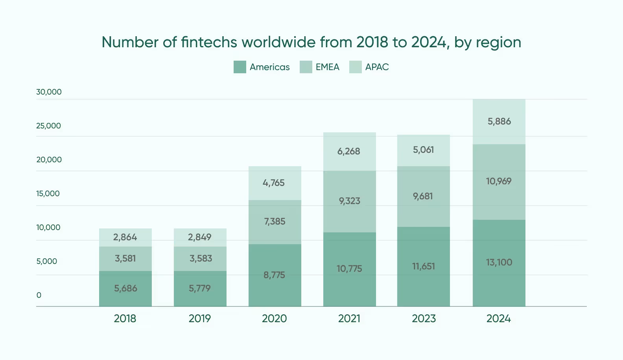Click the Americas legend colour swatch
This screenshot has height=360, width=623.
(240, 67)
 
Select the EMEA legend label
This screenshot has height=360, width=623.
(327, 67)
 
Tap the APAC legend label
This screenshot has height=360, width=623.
(377, 67)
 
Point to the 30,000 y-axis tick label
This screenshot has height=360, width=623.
(49, 92)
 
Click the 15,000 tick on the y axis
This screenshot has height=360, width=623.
(48, 193)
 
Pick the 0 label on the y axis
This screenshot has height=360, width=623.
(39, 295)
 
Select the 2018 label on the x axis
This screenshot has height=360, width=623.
(125, 318)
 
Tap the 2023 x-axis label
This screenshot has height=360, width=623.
(424, 318)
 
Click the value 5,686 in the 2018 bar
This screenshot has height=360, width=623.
(125, 288)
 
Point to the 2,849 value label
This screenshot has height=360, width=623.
(199, 237)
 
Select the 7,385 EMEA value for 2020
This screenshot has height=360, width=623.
(275, 221)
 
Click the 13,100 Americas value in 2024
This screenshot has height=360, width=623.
(499, 262)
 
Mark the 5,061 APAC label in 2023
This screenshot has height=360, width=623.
(423, 150)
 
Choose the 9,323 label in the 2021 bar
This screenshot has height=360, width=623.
(349, 201)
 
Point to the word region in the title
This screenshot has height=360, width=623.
(498, 42)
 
